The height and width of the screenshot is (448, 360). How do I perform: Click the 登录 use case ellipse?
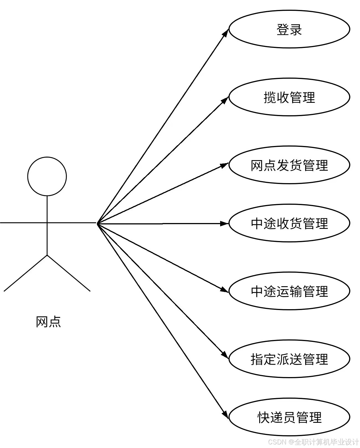[289, 29]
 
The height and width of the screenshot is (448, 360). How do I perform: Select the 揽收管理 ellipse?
[289, 97]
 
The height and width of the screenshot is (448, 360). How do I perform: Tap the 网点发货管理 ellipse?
[289, 165]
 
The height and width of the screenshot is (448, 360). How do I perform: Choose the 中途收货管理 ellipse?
[289, 223]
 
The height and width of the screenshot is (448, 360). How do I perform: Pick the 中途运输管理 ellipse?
[289, 291]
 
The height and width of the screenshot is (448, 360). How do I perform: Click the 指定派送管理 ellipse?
[289, 359]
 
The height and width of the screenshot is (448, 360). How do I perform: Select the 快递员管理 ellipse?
[289, 417]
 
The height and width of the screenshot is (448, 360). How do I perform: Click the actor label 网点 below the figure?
[48, 322]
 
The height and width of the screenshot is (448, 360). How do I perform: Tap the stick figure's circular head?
[47, 176]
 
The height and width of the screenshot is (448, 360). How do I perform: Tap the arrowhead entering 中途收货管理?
[224, 223]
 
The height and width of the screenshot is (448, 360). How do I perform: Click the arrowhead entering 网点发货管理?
[224, 166]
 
